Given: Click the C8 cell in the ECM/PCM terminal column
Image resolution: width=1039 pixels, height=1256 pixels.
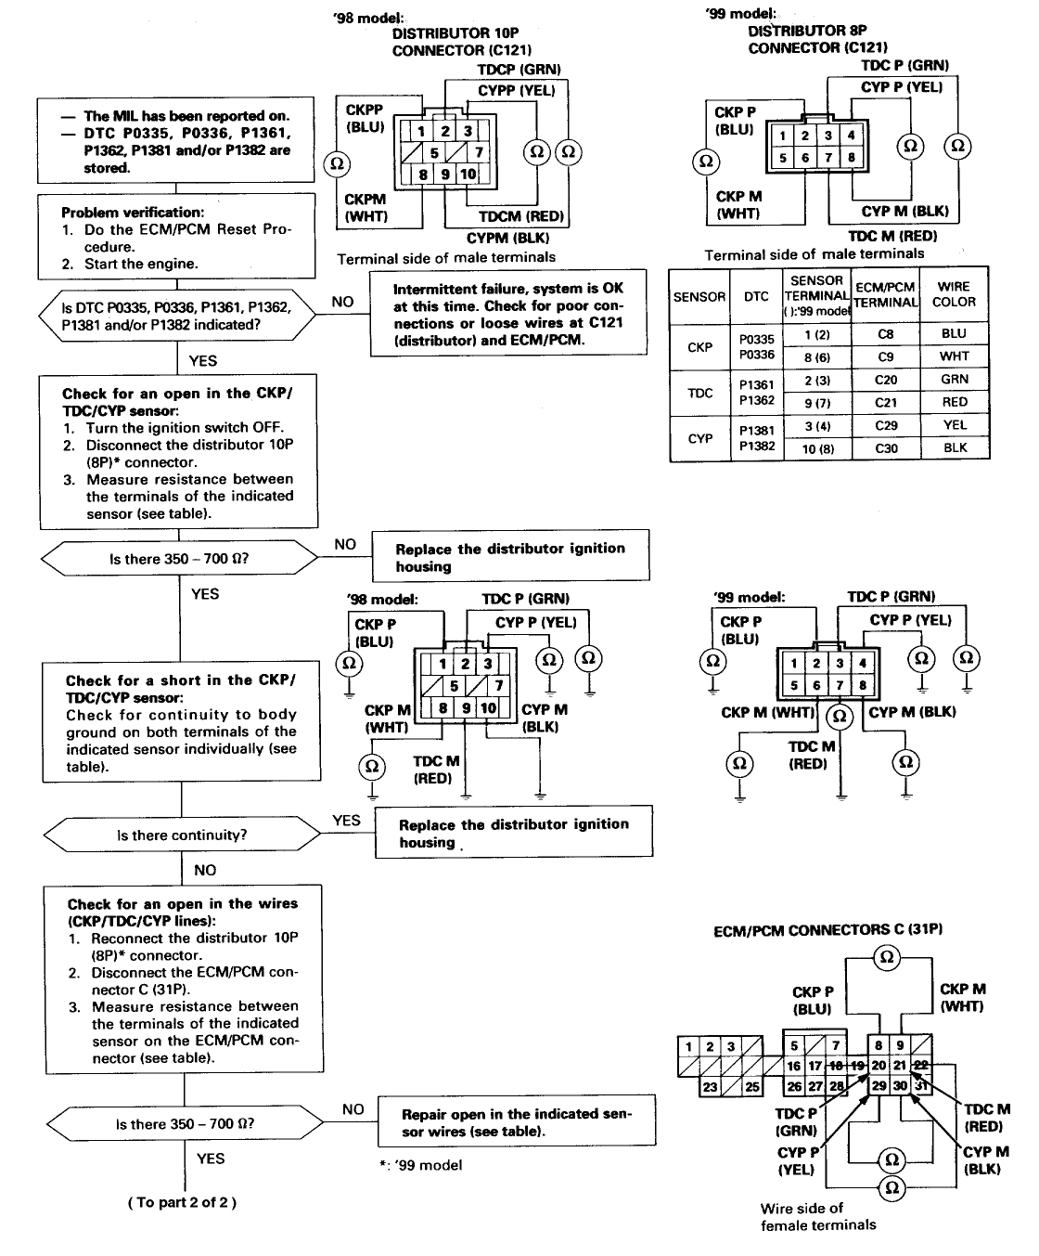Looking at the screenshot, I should point(885,333).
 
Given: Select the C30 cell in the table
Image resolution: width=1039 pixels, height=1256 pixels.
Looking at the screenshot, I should point(885,447).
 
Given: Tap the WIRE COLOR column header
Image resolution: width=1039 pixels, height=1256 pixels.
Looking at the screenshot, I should point(954,295).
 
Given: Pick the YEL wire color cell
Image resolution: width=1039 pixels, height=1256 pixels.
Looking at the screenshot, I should point(954,424).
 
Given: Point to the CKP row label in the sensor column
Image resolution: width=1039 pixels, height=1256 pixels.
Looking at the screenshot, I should point(699,347).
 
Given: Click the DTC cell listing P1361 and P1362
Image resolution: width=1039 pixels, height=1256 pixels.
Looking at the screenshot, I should point(756,393).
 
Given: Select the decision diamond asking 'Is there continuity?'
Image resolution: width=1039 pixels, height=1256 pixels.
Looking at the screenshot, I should point(182,835).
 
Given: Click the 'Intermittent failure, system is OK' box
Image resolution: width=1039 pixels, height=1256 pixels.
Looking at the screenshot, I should point(507,314).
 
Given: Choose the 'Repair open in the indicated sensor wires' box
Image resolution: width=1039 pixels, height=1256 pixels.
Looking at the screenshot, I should point(516,1122).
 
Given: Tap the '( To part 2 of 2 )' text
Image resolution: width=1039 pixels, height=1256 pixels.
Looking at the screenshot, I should point(182,1202).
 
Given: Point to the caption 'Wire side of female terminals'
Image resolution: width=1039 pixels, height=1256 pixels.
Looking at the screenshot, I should point(817,1216).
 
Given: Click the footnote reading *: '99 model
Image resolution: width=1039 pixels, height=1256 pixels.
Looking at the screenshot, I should point(420,1165).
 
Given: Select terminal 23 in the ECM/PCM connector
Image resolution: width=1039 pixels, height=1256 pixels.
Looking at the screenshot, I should point(710,1087).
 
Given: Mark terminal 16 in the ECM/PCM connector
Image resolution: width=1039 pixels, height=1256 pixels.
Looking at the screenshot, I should point(794,1067).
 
